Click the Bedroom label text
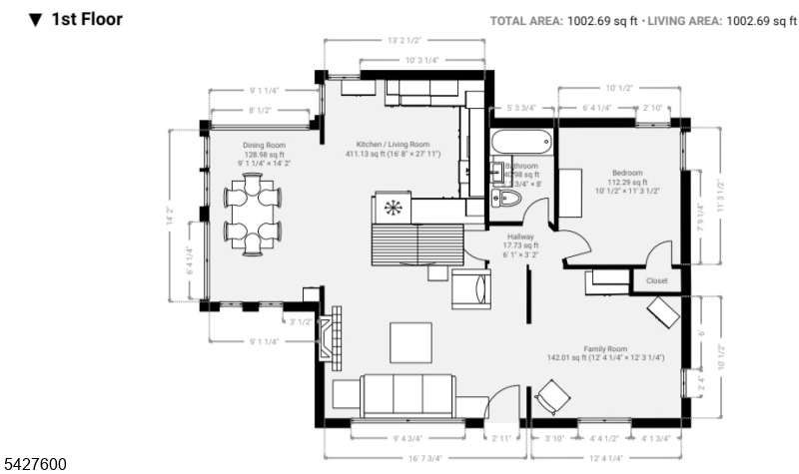(x=627, y=173)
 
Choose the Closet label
(x=656, y=281)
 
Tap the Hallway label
(x=521, y=237)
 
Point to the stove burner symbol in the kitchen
(x=392, y=209)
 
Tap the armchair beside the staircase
(x=470, y=288)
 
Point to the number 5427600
(x=35, y=464)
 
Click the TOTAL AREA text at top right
(x=525, y=20)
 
